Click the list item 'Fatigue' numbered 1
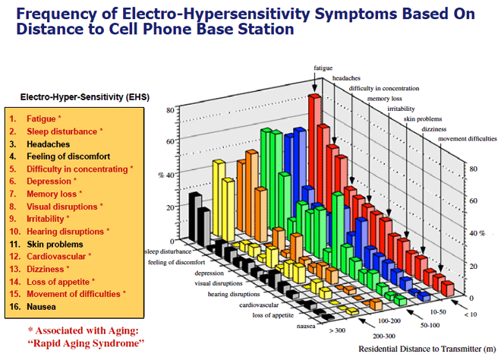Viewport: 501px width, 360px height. (41, 119)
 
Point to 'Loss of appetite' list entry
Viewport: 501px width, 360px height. (58, 281)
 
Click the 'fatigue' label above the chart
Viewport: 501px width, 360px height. (323, 68)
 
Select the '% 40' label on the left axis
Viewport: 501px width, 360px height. (165, 175)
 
